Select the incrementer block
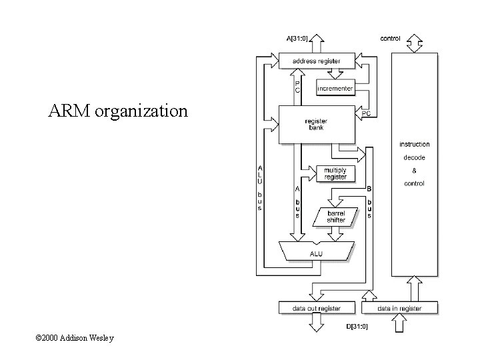click(x=335, y=88)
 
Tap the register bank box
click(x=317, y=124)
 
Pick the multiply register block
click(x=335, y=173)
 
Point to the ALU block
click(x=316, y=253)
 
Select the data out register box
click(x=317, y=308)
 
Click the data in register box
click(x=399, y=308)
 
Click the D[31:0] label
click(x=357, y=326)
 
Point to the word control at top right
click(x=390, y=39)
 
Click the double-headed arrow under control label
click(x=415, y=44)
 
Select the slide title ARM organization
click(x=118, y=110)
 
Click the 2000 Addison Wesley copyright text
click(x=75, y=338)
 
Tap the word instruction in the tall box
click(x=414, y=144)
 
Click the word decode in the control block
click(x=414, y=157)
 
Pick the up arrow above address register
click(x=317, y=44)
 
